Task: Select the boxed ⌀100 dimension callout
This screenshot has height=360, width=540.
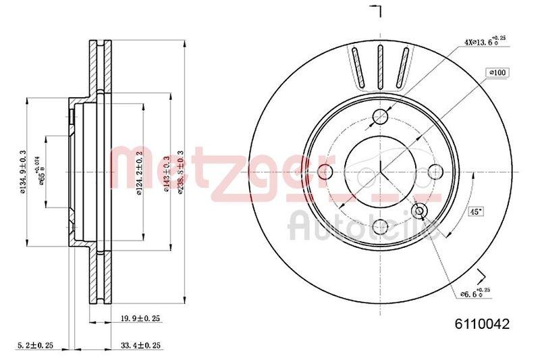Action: click(497, 72)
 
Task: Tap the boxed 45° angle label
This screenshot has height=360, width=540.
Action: click(475, 211)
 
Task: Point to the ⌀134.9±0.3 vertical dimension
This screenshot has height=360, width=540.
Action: click(22, 172)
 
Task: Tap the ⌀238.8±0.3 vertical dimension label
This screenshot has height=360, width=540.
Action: click(180, 172)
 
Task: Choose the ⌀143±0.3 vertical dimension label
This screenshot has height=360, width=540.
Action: click(166, 172)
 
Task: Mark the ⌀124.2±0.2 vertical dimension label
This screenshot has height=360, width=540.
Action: click(140, 172)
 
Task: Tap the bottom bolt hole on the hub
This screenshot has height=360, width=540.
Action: click(381, 226)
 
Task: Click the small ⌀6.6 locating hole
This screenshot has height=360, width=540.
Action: click(420, 211)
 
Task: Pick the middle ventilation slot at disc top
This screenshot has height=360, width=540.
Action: click(380, 66)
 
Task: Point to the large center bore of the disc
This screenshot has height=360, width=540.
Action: click(381, 170)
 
